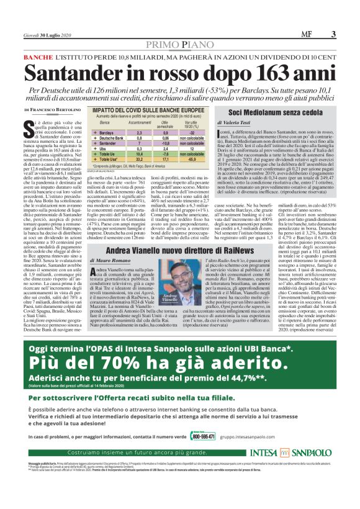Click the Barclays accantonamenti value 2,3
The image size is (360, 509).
coord(139,132)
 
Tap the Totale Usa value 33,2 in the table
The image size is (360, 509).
coord(139,160)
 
